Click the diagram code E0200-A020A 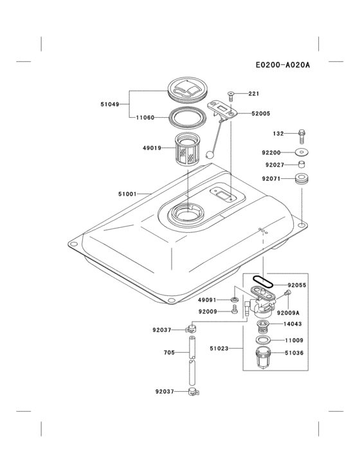282,65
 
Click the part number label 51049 109,104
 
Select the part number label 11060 145,118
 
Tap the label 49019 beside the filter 152,147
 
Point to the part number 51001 127,193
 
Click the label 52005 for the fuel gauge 260,113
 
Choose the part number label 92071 271,178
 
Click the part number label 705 169,353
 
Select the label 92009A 289,313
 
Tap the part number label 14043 294,325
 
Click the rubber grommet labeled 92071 300,178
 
